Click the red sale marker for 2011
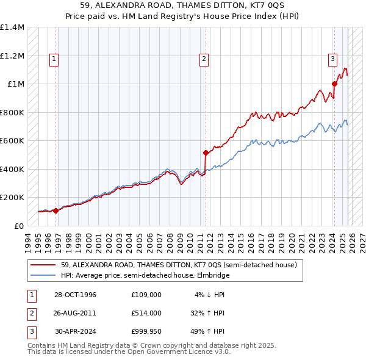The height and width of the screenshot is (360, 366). click(206, 153)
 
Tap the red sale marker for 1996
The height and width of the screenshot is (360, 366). click(56, 211)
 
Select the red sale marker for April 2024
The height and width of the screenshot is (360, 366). click(335, 84)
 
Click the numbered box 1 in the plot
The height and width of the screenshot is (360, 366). click(54, 59)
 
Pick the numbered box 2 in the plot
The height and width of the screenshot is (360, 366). click(203, 59)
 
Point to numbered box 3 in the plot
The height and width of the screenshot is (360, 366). click(332, 59)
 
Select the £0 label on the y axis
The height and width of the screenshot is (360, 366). click(18, 226)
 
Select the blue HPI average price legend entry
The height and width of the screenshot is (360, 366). click(145, 275)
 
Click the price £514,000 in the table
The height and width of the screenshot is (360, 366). click(146, 312)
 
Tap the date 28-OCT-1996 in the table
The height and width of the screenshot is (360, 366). click(76, 294)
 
